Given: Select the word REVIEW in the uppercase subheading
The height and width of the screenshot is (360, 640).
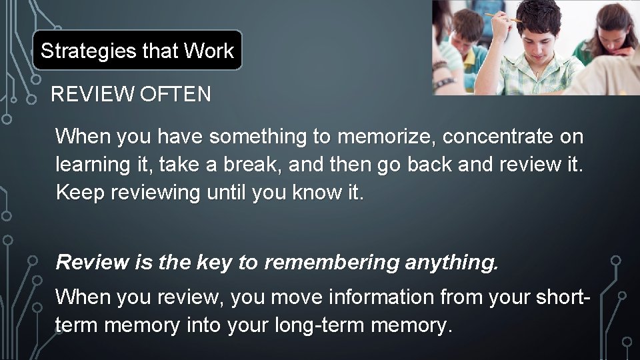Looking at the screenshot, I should (x=92, y=95).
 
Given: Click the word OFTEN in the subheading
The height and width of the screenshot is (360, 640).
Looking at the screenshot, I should (x=175, y=95).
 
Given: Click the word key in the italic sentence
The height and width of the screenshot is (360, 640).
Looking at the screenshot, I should (x=213, y=263).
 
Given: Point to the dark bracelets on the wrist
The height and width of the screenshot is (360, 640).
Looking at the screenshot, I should (x=441, y=71).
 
